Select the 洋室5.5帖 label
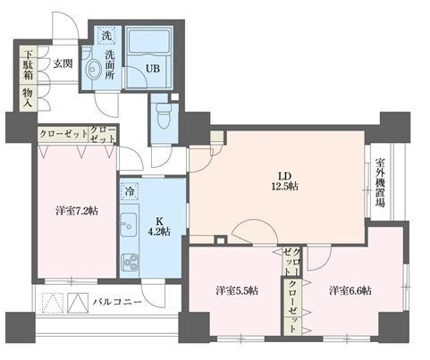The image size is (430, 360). coord(236,290)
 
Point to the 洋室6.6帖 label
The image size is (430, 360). coord(350,290)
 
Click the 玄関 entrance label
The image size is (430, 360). coord(63,63)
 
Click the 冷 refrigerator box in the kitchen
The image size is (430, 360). coord(130,191)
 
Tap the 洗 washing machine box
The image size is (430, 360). coord(106,37)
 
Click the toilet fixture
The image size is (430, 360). coord(162,115)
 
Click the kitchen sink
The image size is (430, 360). coord(128,223)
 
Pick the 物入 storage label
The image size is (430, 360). coord(28,97)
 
